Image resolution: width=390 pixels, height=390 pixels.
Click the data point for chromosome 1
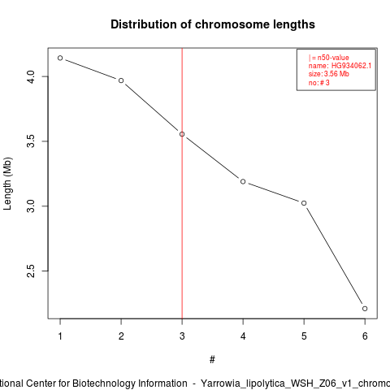pos(60,58)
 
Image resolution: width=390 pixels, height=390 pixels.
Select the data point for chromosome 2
pos(121,80)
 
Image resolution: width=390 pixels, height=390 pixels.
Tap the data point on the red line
pos(182,134)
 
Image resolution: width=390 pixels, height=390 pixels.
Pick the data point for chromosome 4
pos(243,181)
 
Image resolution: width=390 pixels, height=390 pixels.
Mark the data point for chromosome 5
pos(304,203)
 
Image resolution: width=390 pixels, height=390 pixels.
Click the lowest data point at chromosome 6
pos(365,309)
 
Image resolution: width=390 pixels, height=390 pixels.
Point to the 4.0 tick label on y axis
pos(31,76)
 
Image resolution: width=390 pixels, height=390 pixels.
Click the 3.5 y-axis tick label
pos(31,141)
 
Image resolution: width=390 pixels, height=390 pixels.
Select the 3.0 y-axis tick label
pos(31,206)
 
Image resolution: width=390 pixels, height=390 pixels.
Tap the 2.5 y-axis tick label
pos(31,271)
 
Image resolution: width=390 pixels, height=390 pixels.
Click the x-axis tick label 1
pos(60,336)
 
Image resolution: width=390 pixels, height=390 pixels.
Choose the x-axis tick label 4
pos(243,336)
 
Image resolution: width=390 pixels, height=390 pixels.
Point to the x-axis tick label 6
pos(365,336)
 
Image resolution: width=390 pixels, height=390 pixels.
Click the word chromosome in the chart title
pos(232,24)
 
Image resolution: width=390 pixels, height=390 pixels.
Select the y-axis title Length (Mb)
pos(7,184)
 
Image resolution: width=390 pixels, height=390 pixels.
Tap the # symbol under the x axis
pos(212,360)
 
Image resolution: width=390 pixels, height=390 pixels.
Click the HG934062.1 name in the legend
pos(351,66)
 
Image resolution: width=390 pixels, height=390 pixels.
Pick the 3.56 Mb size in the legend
pos(336,74)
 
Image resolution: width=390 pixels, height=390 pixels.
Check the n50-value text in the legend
pos(333,58)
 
